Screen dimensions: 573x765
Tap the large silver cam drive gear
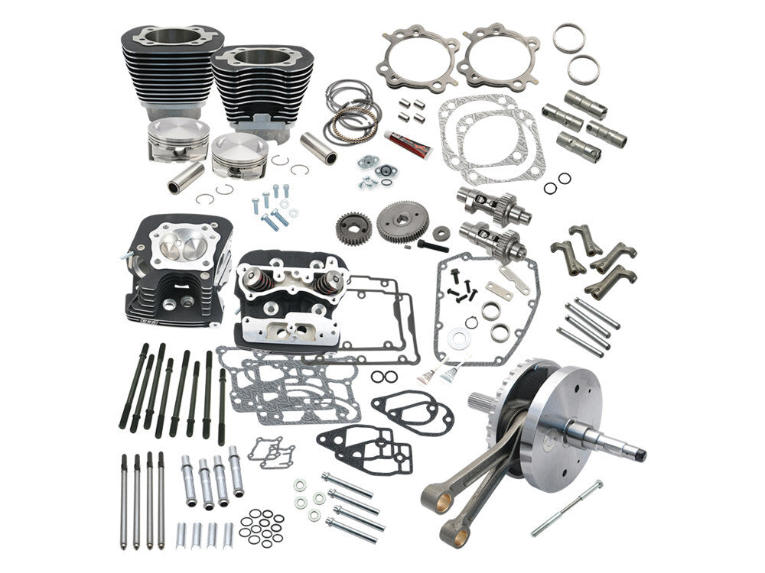402,222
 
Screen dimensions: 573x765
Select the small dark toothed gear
353,228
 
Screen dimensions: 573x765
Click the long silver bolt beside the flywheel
567,507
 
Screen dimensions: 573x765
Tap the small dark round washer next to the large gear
441,233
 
